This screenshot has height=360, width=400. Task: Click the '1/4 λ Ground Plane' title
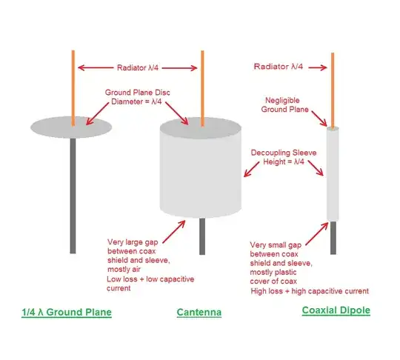(67, 312)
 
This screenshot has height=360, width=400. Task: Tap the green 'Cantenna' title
(199, 312)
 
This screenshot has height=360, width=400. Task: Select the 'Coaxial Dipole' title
(336, 310)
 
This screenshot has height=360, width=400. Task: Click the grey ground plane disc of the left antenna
(71, 127)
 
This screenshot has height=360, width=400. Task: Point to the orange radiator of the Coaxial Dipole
(333, 90)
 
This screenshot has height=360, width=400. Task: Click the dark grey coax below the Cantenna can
(202, 236)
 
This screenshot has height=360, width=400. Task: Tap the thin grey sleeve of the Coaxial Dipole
(333, 174)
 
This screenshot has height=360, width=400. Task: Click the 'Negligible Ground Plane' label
(284, 105)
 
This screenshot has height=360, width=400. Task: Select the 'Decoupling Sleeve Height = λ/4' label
(284, 157)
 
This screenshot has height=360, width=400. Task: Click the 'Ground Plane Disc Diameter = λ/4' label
(137, 97)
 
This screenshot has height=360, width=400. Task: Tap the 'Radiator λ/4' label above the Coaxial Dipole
(279, 67)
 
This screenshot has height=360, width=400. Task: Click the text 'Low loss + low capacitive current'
(150, 284)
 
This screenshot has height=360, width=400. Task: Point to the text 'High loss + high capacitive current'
(310, 291)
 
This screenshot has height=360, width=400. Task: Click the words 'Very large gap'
(133, 242)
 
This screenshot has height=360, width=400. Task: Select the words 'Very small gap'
(276, 245)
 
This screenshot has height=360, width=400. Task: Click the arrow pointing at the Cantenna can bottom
(174, 232)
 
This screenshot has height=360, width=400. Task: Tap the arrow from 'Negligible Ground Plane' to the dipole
(319, 119)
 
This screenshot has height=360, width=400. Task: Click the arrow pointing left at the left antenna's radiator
(96, 67)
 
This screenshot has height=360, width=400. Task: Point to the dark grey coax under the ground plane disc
(73, 196)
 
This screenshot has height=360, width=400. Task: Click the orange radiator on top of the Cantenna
(202, 89)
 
